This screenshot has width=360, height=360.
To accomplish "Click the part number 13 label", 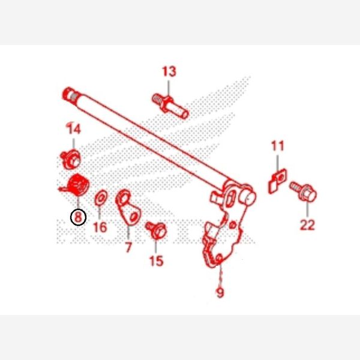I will (169, 72).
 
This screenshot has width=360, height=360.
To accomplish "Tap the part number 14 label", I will (74, 129).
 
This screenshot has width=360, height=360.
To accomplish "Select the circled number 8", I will (78, 217).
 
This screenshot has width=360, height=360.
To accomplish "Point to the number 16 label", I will (100, 227).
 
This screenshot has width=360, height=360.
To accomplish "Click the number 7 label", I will (128, 246).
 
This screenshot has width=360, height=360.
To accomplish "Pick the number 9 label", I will (220, 293).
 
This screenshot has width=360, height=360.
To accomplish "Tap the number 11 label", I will (277, 146).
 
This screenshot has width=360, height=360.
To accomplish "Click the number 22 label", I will (307, 225).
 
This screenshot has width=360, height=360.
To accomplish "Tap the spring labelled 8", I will (76, 185).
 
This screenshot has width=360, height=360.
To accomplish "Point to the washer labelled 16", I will (101, 196).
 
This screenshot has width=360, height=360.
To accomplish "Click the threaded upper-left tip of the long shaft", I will (69, 95).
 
